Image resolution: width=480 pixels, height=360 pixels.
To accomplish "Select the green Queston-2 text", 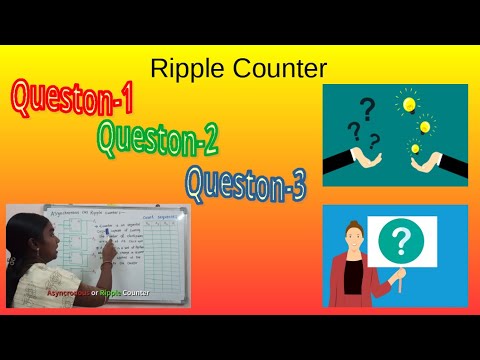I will coord(157,137).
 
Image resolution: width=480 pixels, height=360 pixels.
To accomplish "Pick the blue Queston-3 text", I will coord(245,181).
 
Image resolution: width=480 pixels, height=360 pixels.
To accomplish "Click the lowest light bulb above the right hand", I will coord(414,149).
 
